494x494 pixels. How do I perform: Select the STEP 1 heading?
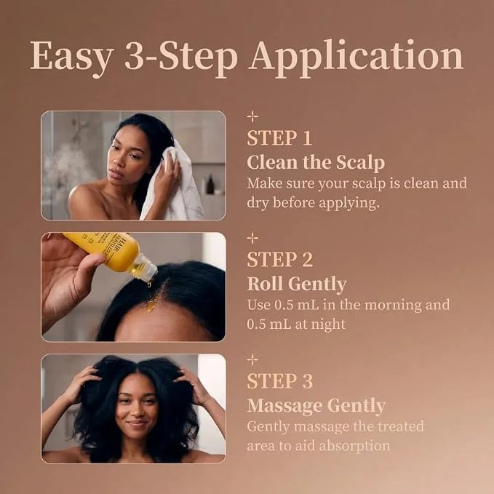tap(279, 138)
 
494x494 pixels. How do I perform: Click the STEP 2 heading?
tap(280, 260)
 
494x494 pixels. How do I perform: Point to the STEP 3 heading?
tap(280, 381)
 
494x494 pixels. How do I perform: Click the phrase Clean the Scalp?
tap(316, 163)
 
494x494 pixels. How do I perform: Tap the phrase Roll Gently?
tap(296, 284)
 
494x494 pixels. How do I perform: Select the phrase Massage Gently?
tap(316, 406)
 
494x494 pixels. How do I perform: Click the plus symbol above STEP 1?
tap(252, 116)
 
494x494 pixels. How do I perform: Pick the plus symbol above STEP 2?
tap(252, 238)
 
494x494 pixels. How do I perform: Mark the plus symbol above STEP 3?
tap(252, 359)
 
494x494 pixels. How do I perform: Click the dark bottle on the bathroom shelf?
tap(210, 185)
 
